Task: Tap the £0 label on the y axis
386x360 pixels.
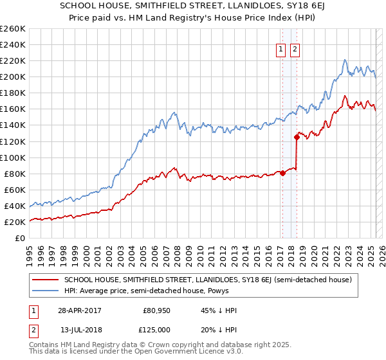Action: (x=19, y=239)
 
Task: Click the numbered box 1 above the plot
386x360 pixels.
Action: (x=281, y=50)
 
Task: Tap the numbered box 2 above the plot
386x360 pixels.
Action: (x=295, y=50)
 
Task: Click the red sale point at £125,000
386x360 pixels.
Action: (x=297, y=137)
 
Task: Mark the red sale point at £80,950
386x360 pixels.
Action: (x=282, y=172)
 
